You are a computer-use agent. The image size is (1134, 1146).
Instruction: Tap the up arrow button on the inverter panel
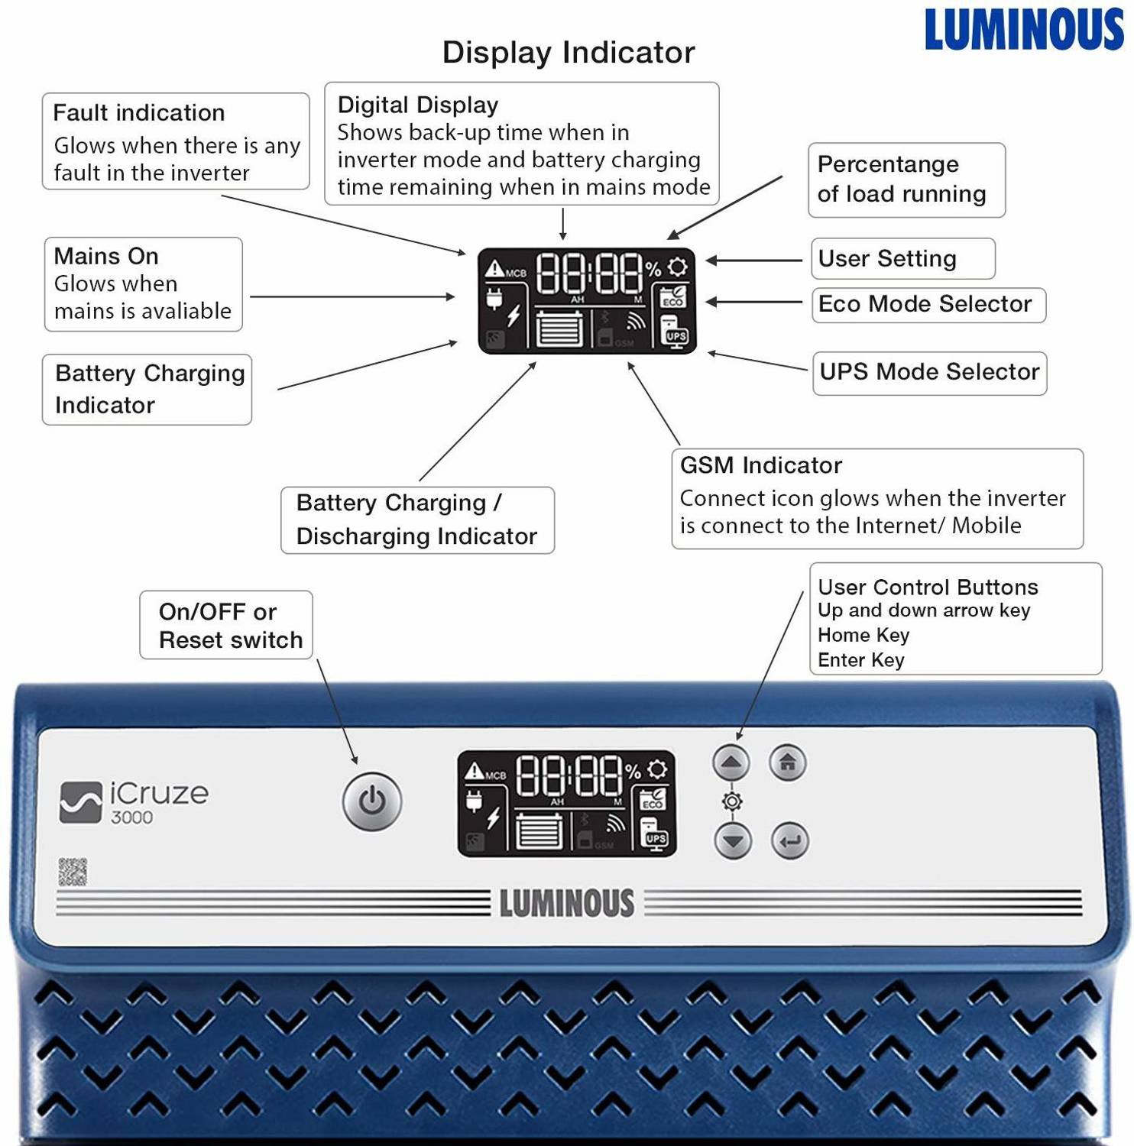(731, 762)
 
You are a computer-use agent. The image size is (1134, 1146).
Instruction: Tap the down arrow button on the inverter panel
(733, 841)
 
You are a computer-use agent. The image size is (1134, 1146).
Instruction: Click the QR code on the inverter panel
(73, 872)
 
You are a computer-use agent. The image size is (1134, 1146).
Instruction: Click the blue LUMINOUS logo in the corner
(1024, 30)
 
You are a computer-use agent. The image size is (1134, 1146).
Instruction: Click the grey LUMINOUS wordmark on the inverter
(567, 902)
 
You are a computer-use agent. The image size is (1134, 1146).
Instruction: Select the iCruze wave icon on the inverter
(81, 802)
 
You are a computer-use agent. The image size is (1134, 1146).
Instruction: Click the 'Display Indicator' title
(569, 52)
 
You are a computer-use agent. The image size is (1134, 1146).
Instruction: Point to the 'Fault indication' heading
(139, 112)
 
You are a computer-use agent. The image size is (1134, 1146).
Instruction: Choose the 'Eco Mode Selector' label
(925, 303)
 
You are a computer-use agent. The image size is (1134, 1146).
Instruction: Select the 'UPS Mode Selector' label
(929, 371)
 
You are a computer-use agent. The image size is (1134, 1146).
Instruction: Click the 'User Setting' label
(887, 258)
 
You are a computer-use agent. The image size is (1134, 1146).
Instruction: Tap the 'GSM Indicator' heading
(761, 465)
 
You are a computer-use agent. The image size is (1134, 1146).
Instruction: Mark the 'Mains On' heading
(106, 255)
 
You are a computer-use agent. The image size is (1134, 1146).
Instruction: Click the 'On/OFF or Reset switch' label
(230, 625)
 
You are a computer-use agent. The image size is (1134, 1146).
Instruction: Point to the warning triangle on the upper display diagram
(494, 268)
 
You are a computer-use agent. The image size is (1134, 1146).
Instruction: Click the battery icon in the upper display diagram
(561, 329)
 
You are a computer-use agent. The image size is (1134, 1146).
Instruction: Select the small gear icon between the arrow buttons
(732, 801)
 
